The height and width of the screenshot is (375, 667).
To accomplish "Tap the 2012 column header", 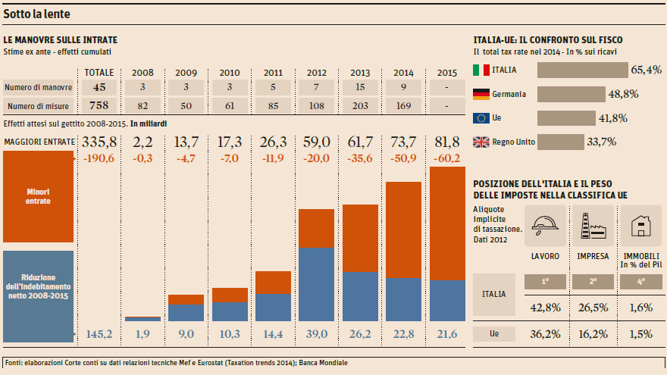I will coord(317,73).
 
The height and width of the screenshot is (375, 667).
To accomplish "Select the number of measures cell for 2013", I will coord(360,105).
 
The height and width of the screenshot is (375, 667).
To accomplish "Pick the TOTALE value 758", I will coord(99,105).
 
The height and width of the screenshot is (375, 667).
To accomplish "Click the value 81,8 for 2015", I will coord(447,142).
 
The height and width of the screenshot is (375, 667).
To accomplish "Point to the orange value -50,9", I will coord(404,158).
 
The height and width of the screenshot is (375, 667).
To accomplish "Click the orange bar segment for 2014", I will coord(404,230).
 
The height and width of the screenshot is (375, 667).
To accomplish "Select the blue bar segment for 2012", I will coord(317,284).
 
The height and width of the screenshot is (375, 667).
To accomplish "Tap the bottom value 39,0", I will coord(317,334).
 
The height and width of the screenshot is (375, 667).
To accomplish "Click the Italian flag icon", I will coord(481,70).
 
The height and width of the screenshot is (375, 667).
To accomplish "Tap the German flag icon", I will coord(481,94).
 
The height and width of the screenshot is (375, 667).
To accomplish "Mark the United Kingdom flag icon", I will coord(481,142).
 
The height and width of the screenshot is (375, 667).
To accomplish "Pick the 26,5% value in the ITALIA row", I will coord(593,307).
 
